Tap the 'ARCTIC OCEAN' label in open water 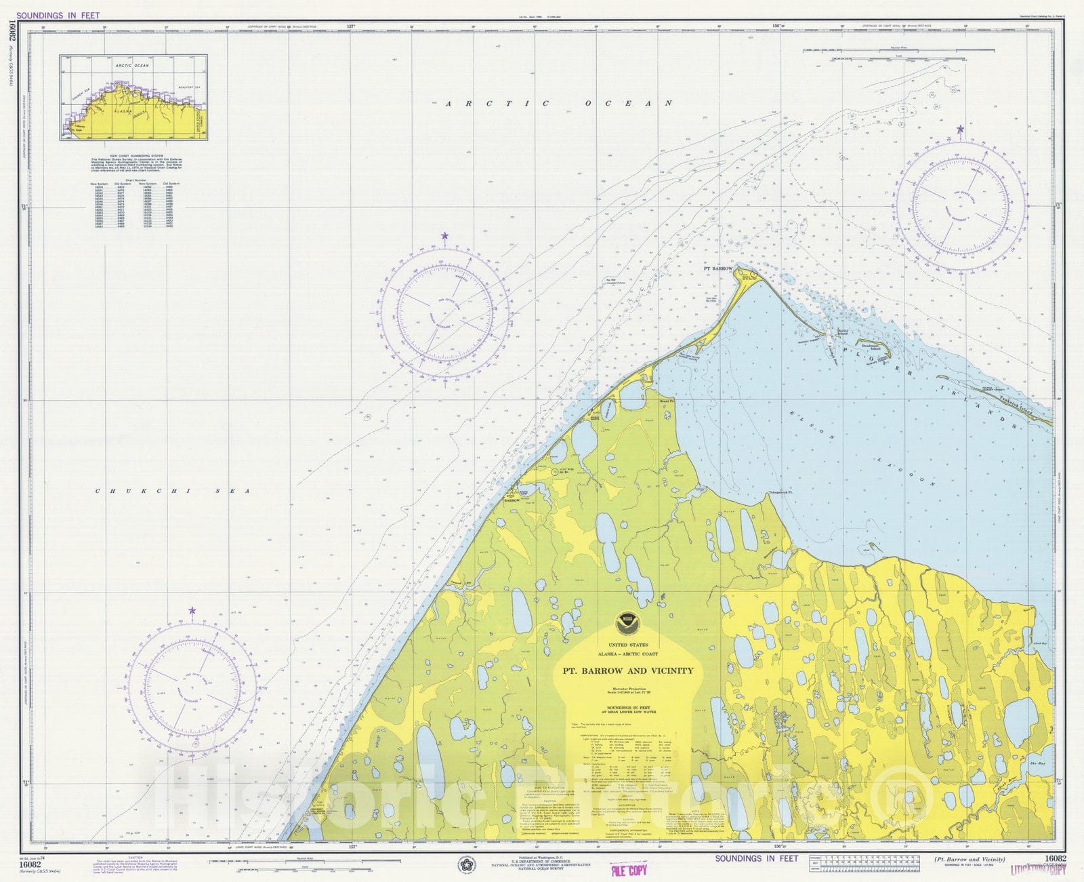pyautogui.click(x=559, y=104)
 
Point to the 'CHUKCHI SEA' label pyautogui.click(x=172, y=491)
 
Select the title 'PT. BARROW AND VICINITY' pyautogui.click(x=628, y=670)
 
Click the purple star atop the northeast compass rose pyautogui.click(x=960, y=129)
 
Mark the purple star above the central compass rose pyautogui.click(x=445, y=236)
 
